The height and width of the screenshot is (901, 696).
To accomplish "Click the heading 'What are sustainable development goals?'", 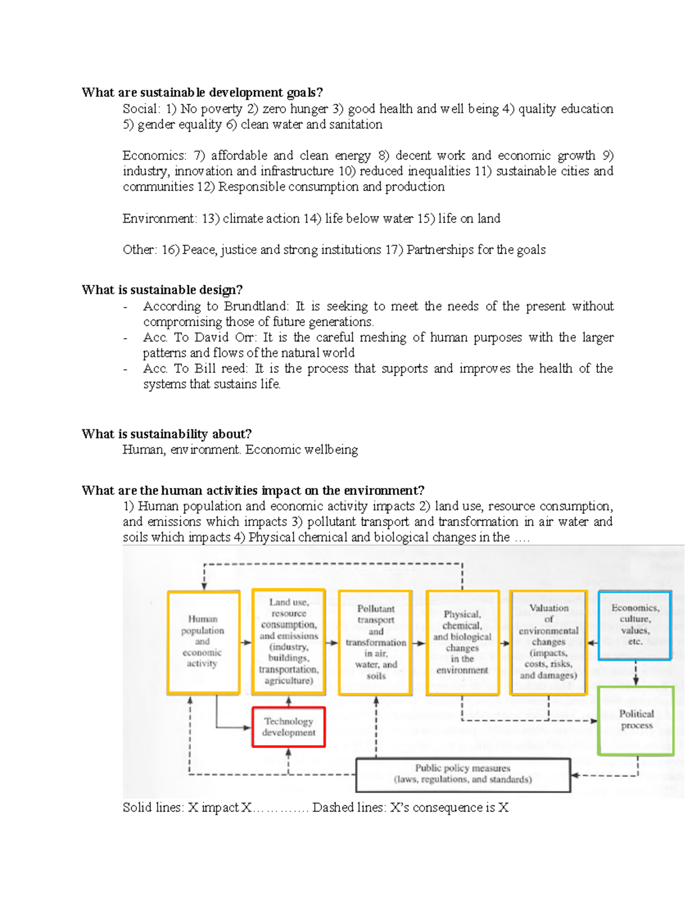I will pyautogui.click(x=202, y=92).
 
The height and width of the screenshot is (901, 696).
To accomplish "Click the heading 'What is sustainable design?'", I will pyautogui.click(x=162, y=290).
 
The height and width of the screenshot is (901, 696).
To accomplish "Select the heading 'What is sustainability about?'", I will pyautogui.click(x=166, y=434).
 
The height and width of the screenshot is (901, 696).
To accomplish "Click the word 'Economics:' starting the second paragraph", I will pyautogui.click(x=154, y=155).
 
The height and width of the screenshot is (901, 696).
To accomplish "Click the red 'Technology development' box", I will pyautogui.click(x=288, y=727).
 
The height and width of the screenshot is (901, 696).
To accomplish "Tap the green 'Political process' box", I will pyautogui.click(x=636, y=720).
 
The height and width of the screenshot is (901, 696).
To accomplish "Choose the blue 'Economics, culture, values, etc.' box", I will pyautogui.click(x=635, y=625).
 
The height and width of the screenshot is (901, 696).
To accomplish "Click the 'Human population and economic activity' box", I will pyautogui.click(x=203, y=642).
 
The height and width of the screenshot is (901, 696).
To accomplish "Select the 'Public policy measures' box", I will pyautogui.click(x=463, y=774).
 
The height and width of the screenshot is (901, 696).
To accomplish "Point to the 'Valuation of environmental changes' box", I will pyautogui.click(x=548, y=642).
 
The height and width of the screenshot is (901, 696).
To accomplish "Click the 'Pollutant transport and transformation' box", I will pyautogui.click(x=375, y=642).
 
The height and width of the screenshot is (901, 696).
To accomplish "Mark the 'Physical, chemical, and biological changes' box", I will pyautogui.click(x=462, y=642).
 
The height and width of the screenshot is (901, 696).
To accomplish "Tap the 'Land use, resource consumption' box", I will pyautogui.click(x=288, y=642).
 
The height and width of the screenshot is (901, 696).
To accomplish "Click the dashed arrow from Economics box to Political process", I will pyautogui.click(x=636, y=673).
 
